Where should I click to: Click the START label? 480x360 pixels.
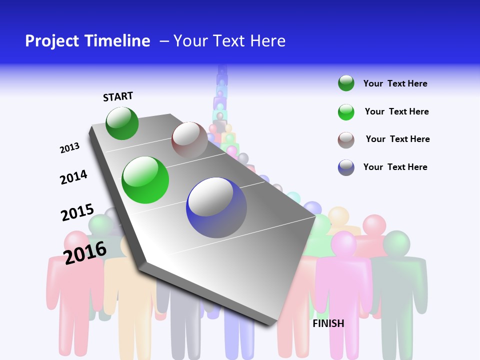point(118,96)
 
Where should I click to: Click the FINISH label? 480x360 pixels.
point(328,323)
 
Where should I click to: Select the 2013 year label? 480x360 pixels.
point(69,147)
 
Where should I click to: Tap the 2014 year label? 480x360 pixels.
point(73,177)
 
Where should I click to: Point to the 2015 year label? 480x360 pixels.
point(77,212)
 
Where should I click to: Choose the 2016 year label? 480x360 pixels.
point(85,252)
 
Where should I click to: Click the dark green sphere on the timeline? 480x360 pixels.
point(122,123)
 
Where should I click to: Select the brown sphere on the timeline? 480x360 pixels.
point(189,140)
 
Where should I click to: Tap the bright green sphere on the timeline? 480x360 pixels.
point(145,180)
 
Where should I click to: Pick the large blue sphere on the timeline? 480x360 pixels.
point(216,207)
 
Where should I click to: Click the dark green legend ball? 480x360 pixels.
point(346,83)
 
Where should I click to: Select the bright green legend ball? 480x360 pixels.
point(346,112)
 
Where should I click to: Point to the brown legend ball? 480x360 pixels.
point(346,140)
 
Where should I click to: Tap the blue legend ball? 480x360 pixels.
point(346,167)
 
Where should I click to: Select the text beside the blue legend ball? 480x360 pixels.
point(395,167)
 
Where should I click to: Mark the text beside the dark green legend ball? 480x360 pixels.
point(395,83)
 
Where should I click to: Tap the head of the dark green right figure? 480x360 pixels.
point(396,243)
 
